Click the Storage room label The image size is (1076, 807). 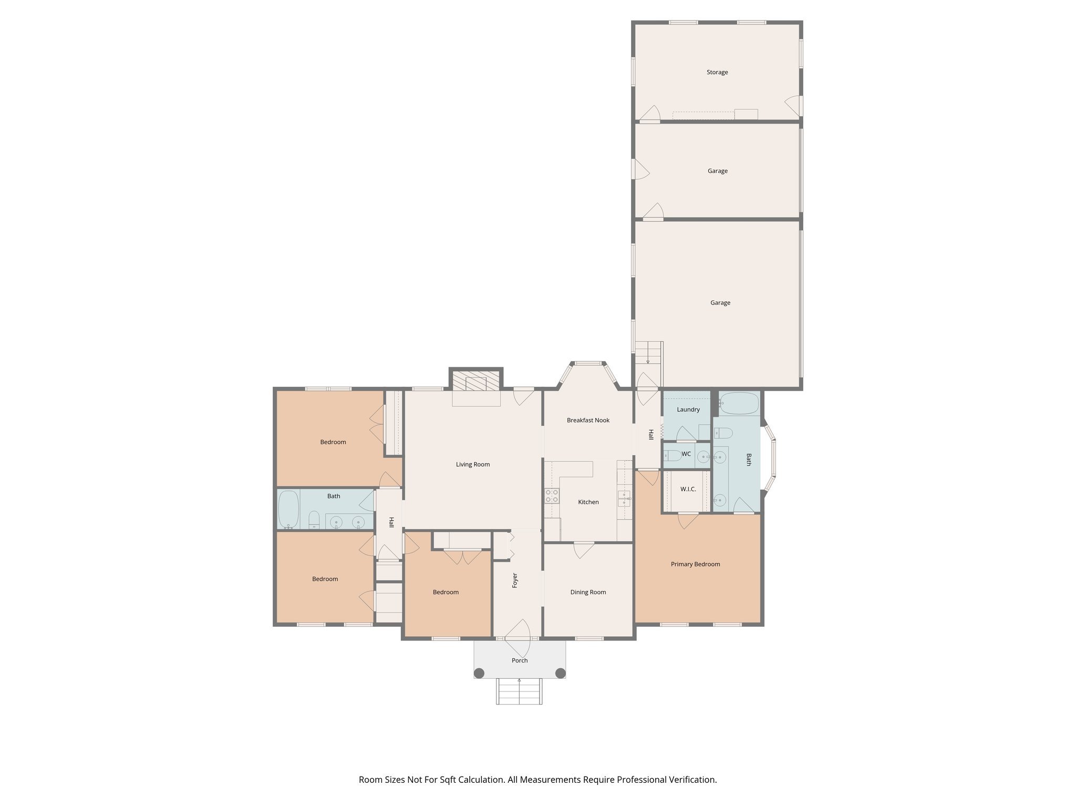717,73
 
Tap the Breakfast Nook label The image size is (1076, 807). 588,420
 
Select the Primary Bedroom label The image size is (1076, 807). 695,564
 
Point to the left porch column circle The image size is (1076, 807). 479,673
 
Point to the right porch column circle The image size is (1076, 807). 561,673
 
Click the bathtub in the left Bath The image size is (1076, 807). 288,509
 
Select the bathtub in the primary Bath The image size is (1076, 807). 739,404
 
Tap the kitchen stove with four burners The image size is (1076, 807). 552,495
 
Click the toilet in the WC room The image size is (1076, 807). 673,456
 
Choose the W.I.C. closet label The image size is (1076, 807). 688,489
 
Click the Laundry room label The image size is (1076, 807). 688,410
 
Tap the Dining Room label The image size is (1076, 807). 588,592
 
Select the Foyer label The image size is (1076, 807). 515,580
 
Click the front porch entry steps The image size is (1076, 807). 519,691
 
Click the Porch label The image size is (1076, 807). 520,660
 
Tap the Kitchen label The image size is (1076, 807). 588,502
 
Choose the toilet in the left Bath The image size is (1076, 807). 314,519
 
